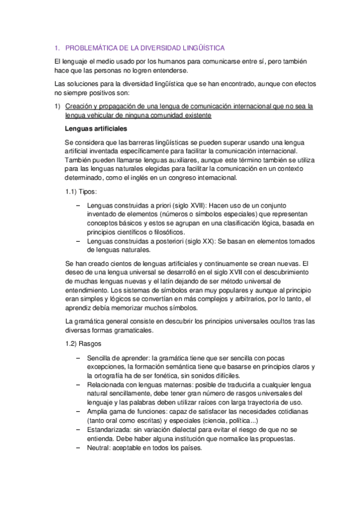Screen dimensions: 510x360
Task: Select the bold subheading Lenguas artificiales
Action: coord(96,129)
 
